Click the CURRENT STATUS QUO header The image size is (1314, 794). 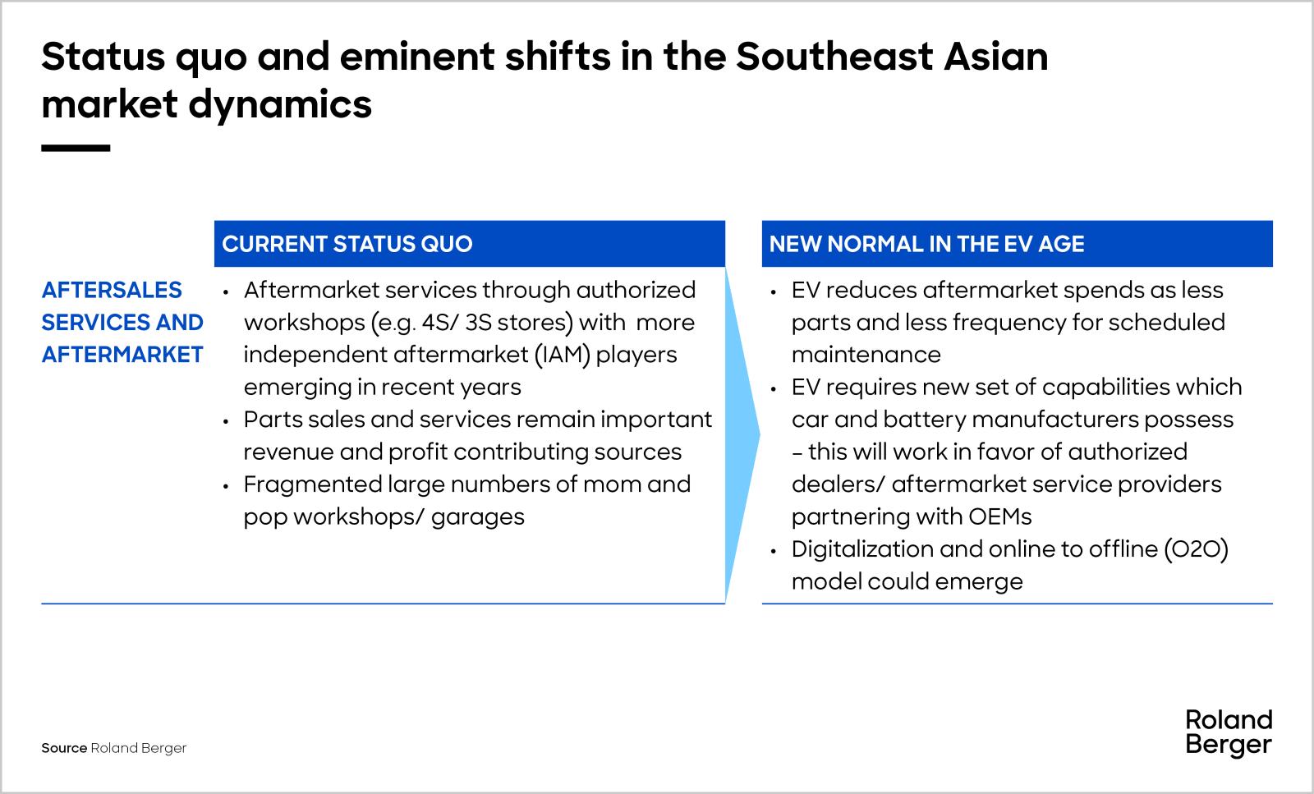[347, 244]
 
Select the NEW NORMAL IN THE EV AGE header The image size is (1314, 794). [926, 244]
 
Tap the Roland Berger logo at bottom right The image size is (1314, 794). [1228, 732]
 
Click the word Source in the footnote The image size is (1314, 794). [63, 748]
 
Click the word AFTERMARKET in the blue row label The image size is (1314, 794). [122, 355]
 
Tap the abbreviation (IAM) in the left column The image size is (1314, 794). [564, 355]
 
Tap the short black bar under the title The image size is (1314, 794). [76, 149]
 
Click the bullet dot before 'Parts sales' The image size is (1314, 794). [226, 420]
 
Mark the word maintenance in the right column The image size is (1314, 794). [866, 355]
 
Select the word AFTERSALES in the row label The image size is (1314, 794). [112, 290]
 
